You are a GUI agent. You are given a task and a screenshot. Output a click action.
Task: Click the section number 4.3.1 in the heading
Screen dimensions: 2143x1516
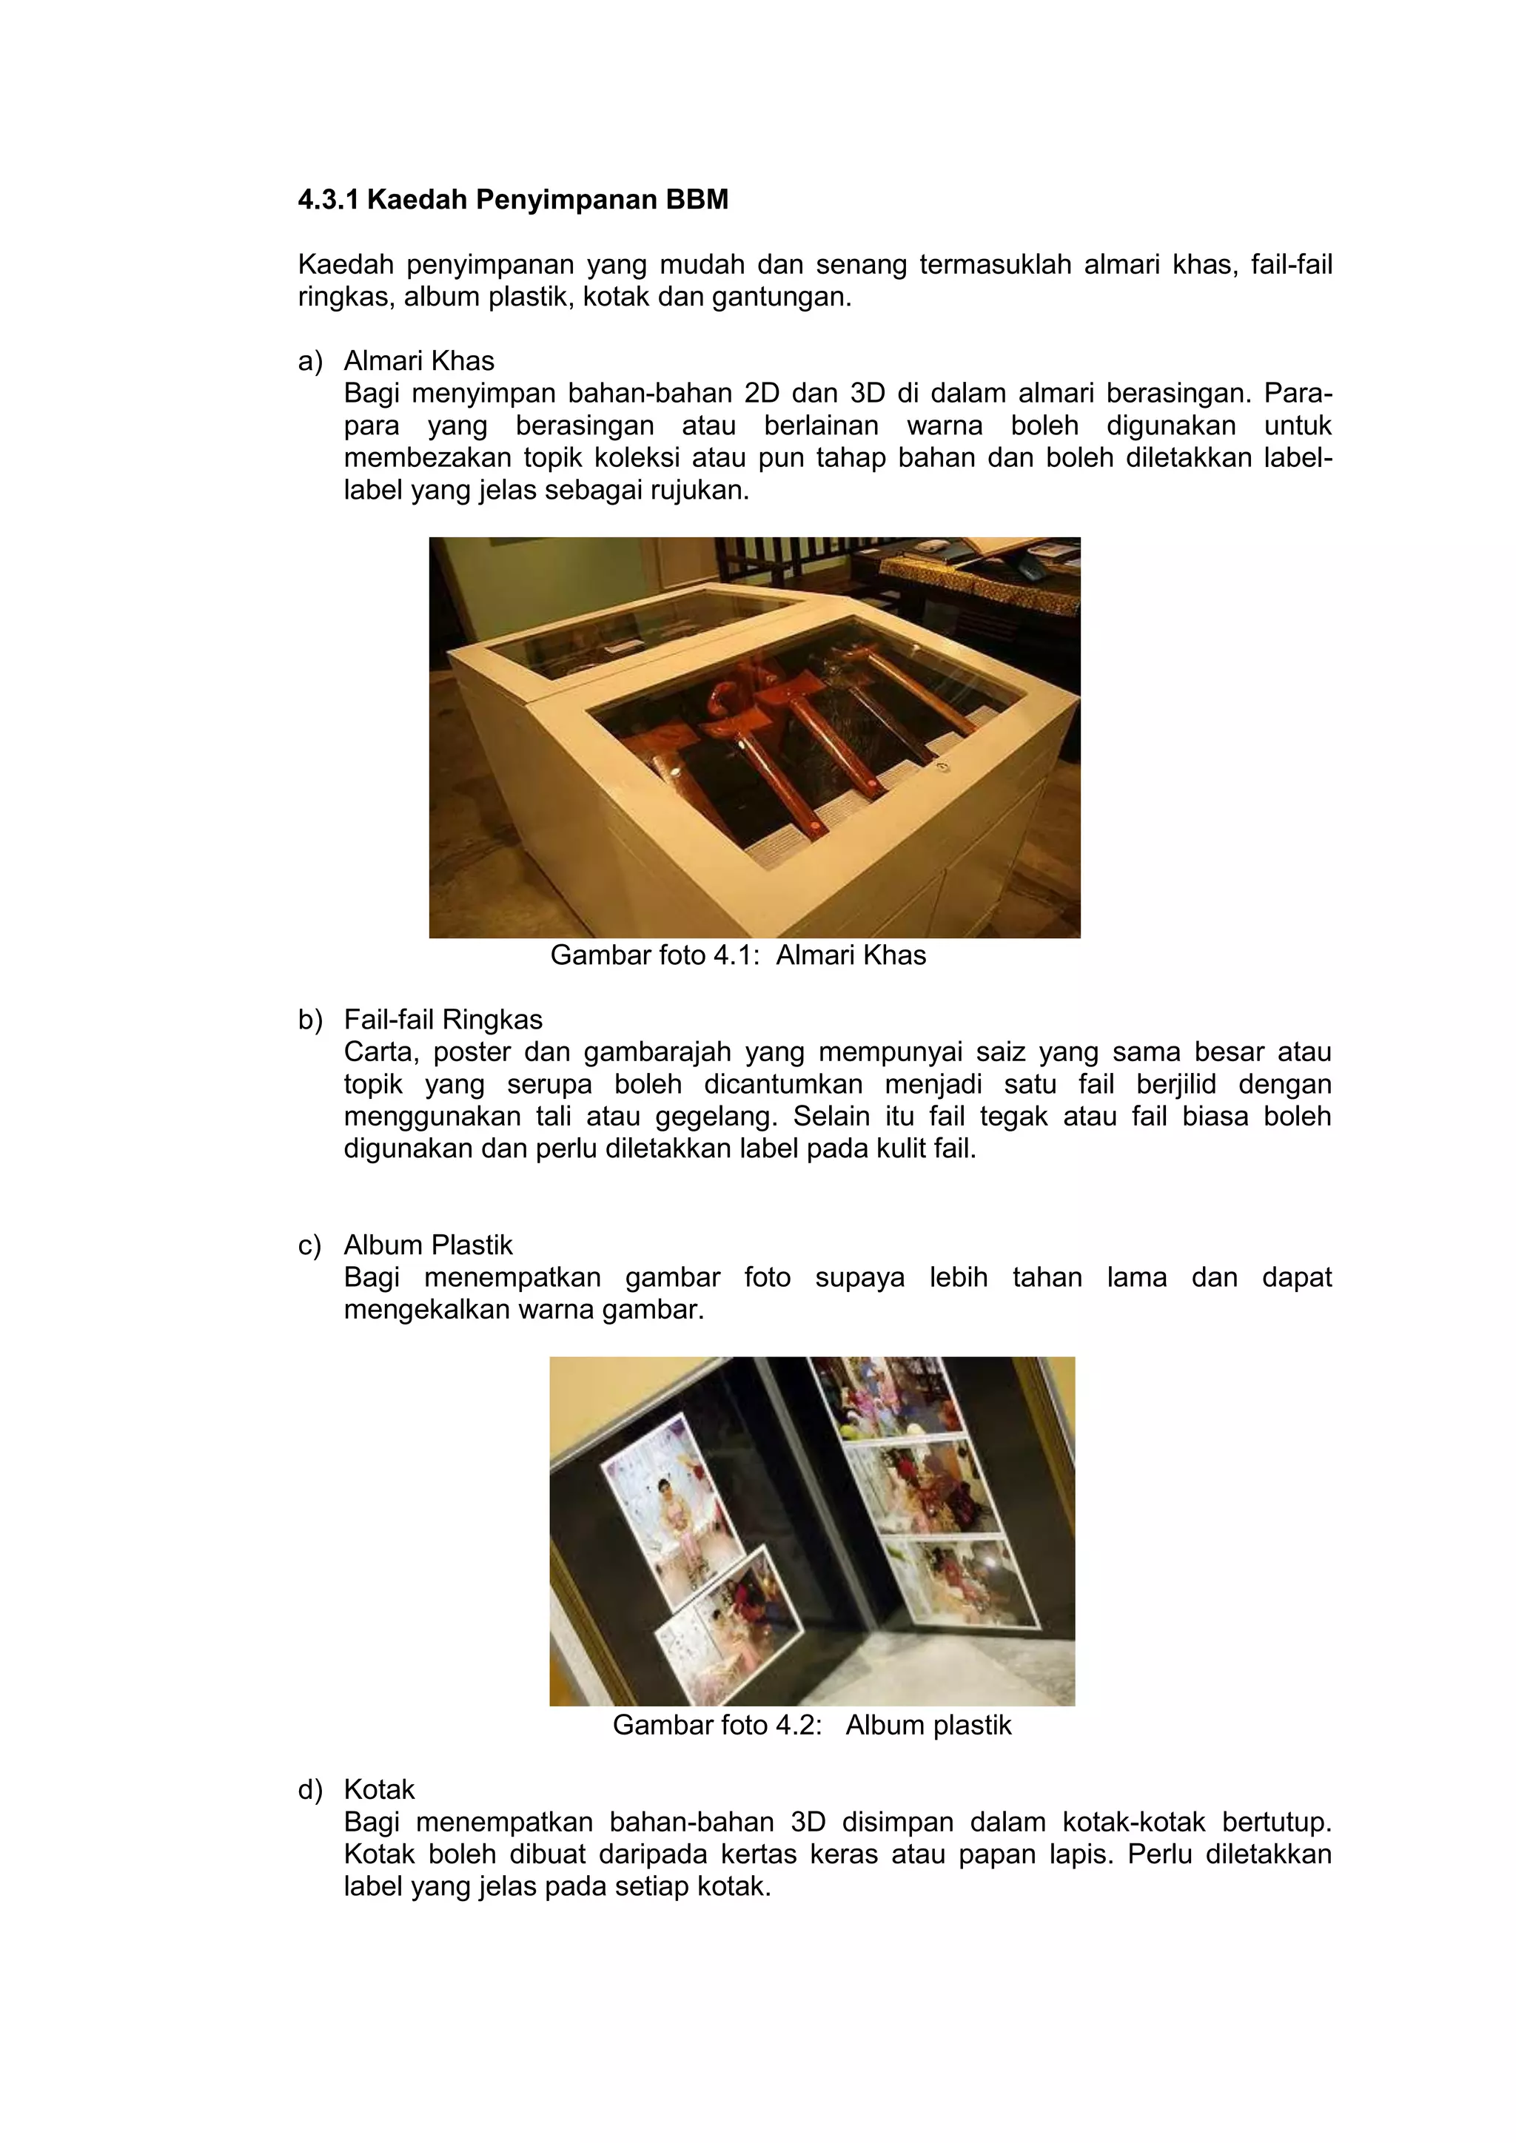point(328,200)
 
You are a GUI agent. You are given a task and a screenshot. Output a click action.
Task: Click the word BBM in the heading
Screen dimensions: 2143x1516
point(697,200)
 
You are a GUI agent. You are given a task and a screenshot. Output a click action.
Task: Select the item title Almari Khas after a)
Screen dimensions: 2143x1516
point(419,361)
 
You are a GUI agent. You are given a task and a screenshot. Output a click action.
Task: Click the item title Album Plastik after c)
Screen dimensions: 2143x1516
point(429,1245)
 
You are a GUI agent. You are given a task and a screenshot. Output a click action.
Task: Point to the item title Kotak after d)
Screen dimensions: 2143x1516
point(379,1789)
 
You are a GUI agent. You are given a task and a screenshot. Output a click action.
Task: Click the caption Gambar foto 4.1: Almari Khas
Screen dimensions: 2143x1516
point(737,956)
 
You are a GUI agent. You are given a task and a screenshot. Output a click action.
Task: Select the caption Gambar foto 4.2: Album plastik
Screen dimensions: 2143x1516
point(811,1725)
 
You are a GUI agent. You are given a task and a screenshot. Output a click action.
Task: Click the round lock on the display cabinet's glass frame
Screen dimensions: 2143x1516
point(942,767)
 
